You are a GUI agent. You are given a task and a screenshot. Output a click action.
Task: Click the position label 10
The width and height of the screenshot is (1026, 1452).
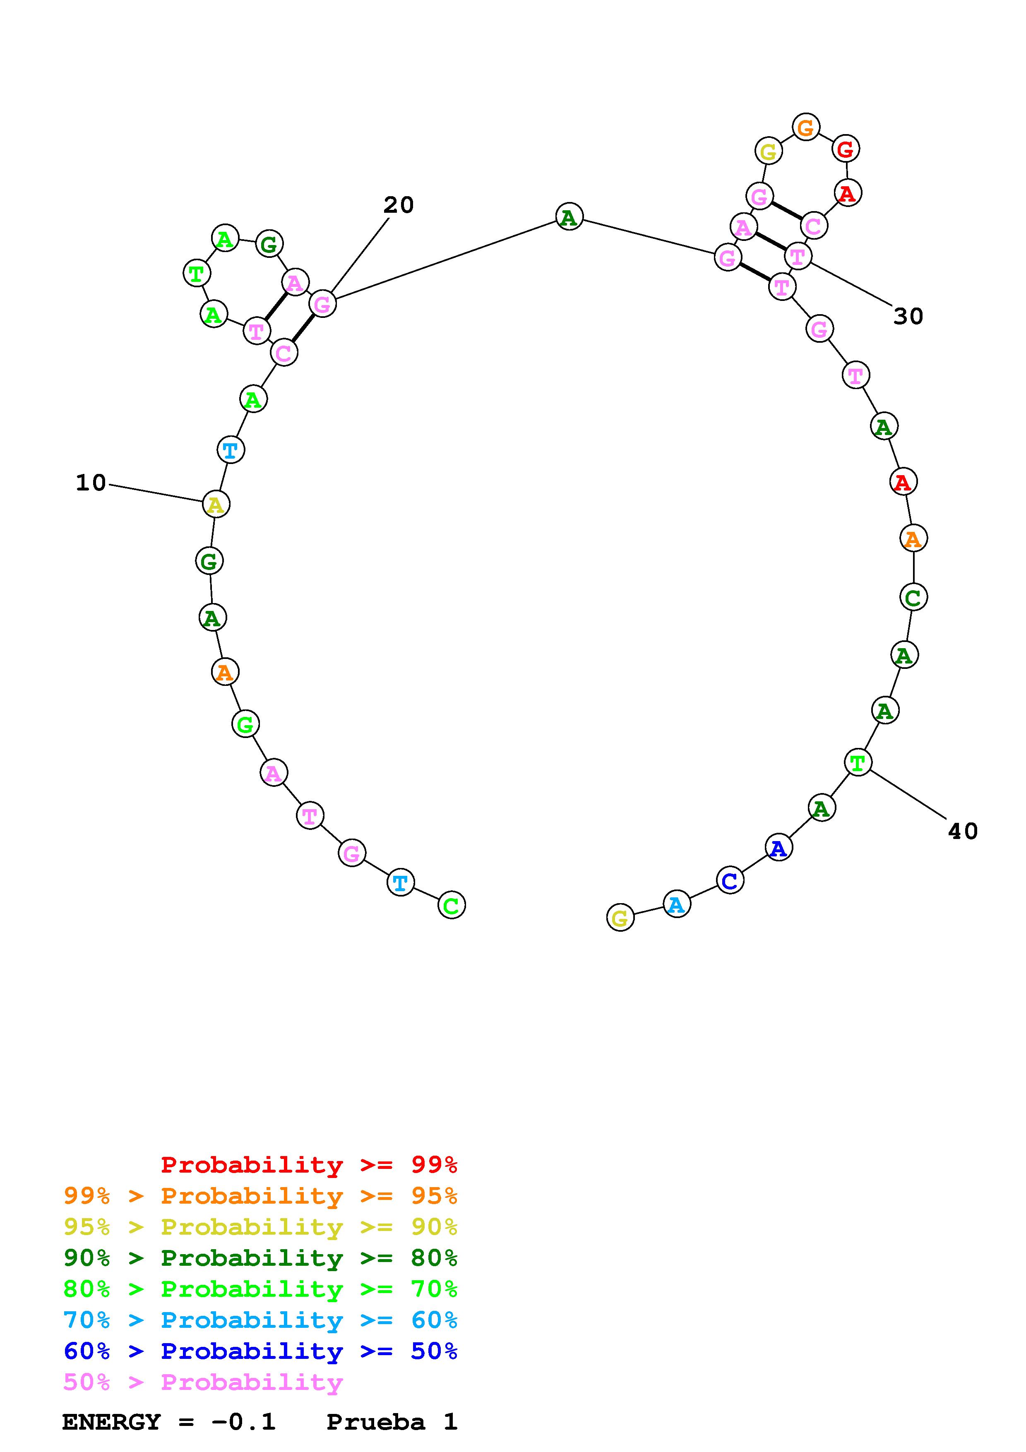click(x=91, y=483)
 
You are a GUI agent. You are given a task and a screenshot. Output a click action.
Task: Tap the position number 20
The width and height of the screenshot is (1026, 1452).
click(x=398, y=205)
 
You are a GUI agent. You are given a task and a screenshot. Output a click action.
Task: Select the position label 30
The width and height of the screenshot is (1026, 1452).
click(x=908, y=316)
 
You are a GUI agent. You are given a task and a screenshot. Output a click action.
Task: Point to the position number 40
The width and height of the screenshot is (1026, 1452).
click(x=962, y=831)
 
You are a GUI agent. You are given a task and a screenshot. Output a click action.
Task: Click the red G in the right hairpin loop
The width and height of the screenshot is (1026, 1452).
click(x=845, y=150)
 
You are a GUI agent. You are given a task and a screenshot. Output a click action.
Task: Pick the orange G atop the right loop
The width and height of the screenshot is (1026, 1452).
click(x=805, y=128)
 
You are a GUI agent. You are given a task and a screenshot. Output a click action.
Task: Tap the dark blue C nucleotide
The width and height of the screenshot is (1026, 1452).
click(x=730, y=880)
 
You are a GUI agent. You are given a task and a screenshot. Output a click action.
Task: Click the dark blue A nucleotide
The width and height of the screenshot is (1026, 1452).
click(x=778, y=848)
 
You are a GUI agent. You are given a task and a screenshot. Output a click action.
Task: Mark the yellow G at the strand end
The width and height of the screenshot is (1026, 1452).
click(x=620, y=918)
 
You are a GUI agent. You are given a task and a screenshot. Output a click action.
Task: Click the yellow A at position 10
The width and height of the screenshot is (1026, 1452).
click(x=216, y=505)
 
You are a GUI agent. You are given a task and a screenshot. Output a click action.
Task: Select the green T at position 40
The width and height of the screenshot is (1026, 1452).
click(x=857, y=763)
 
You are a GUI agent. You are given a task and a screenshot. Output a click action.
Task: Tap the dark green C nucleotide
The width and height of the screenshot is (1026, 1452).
click(x=913, y=597)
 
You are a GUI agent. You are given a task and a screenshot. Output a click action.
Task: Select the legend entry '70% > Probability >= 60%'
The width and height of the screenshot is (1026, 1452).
click(x=260, y=1320)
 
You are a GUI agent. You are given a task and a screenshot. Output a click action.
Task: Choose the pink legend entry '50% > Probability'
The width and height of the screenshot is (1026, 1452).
click(x=204, y=1382)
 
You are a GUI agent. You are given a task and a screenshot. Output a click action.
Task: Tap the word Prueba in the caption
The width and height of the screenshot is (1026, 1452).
click(x=375, y=1422)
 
